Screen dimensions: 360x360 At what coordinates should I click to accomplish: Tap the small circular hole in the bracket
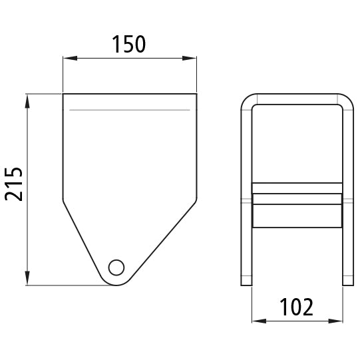pos(116,268)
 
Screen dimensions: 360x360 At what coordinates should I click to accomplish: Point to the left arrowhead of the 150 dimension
pos(67,59)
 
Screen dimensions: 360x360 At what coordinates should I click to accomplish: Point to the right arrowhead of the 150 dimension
pos(194,59)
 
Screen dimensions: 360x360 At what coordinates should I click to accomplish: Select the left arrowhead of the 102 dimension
pos(255,322)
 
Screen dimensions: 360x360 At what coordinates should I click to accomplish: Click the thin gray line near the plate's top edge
pos(130,108)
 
